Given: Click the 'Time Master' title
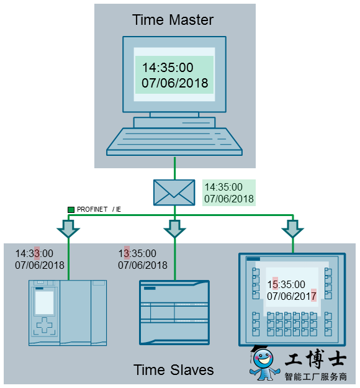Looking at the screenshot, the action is (173, 20).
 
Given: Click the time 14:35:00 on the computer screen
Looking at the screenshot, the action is (168, 68).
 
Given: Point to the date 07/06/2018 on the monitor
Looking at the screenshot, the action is (174, 83).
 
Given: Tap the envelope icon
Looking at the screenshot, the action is (174, 192).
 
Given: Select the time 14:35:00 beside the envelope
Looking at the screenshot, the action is (223, 187).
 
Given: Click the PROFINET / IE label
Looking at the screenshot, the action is (99, 209).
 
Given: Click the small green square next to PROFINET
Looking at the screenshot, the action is (71, 210).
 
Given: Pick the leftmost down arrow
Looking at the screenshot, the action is (68, 229).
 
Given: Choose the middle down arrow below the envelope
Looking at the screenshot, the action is (174, 229).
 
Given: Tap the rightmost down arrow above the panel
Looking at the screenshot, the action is (293, 229).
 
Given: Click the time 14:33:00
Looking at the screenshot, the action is (34, 253).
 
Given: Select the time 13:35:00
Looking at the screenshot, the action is (137, 253).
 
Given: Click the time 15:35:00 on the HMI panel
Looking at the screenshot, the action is (286, 284).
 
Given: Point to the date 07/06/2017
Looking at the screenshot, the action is (292, 296).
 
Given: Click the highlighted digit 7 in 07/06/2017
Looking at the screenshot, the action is (313, 296).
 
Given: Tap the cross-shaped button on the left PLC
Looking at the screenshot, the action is (44, 325).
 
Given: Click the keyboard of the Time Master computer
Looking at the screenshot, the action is (174, 142).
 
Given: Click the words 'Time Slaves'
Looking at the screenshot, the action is (173, 370).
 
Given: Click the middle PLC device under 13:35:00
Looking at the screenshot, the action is (174, 312).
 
